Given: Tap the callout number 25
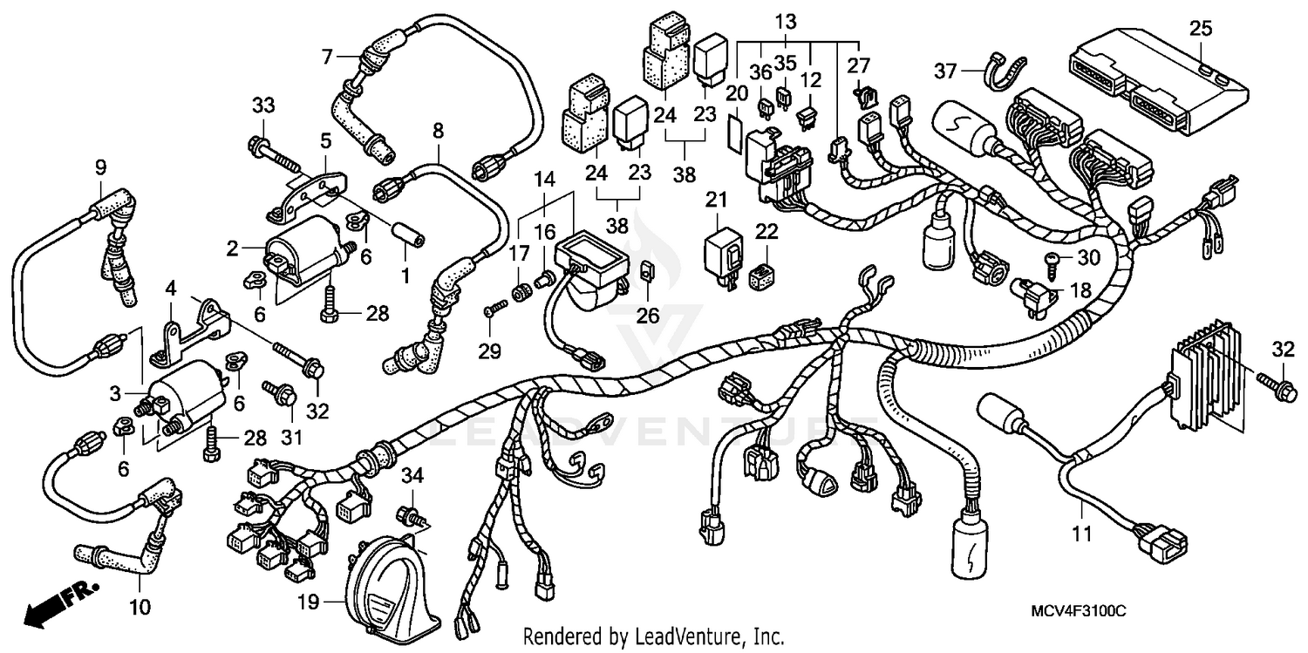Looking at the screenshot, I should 1200,29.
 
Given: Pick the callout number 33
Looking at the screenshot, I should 263,105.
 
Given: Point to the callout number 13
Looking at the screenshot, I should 785,20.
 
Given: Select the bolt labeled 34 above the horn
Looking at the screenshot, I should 409,514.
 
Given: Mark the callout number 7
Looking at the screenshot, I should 327,58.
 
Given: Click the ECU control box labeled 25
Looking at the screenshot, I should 1151,78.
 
